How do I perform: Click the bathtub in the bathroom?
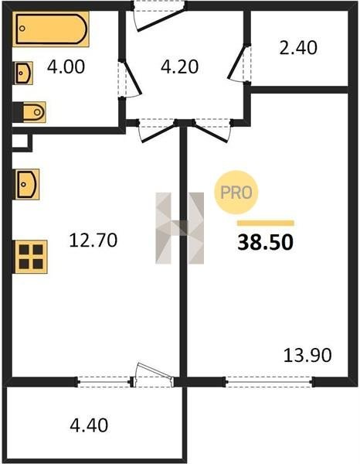pyautogui.click(x=51, y=29)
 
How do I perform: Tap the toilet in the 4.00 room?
pyautogui.click(x=29, y=112)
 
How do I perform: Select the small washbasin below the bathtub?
pyautogui.click(x=24, y=73)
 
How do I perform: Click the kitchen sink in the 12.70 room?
pyautogui.click(x=27, y=184)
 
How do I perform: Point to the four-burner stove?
pyautogui.click(x=31, y=257)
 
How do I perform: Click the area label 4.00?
pyautogui.click(x=66, y=67)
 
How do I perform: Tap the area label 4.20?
pyautogui.click(x=179, y=67)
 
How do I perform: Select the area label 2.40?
pyautogui.click(x=298, y=48)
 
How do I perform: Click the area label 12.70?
pyautogui.click(x=93, y=240)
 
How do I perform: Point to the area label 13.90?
pyautogui.click(x=307, y=356)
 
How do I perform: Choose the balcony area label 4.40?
pyautogui.click(x=89, y=425)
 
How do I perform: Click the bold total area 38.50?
pyautogui.click(x=266, y=242)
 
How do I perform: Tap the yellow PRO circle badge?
pyautogui.click(x=236, y=193)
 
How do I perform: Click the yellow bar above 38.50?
pyautogui.click(x=266, y=223)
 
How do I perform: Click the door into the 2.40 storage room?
pyautogui.click(x=239, y=63)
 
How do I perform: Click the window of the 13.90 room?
pyautogui.click(x=269, y=382)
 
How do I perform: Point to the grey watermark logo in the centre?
pyautogui.click(x=180, y=228)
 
